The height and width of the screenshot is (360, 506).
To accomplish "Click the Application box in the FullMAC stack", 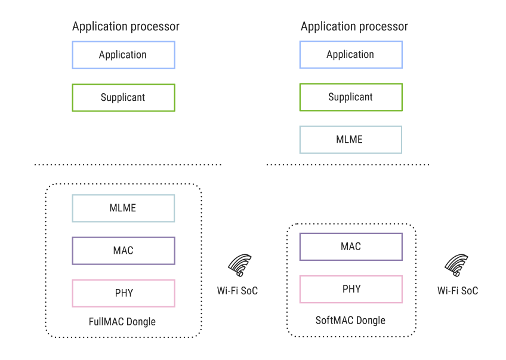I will [123, 55].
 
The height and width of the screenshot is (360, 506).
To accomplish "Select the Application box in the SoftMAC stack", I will [350, 54].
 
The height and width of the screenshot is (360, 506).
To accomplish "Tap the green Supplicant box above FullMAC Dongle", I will [123, 97].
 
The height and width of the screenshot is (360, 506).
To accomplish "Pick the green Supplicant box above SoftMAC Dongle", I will [350, 97].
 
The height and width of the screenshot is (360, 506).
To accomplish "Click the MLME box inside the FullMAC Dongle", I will [123, 208].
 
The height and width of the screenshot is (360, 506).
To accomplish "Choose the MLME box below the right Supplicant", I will [350, 140].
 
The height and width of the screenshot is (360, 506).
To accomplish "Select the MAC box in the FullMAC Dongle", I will [123, 251].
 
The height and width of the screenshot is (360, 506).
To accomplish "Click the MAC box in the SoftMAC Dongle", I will [350, 247].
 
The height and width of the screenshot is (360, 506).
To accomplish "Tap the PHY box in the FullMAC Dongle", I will [123, 293].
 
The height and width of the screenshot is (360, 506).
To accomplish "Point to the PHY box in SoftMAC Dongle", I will [350, 289].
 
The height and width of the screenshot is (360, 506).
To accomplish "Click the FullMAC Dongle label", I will [122, 322].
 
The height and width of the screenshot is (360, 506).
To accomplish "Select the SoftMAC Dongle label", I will [350, 321].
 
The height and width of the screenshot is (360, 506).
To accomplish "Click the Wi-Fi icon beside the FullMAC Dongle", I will [240, 266].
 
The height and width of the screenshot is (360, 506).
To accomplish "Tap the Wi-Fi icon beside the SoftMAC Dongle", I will [457, 266].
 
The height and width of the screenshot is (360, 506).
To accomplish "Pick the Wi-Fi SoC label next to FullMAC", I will [237, 291].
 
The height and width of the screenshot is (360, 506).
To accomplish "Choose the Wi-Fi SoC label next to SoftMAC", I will [458, 291].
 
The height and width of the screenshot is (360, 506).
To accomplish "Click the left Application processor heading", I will [125, 26].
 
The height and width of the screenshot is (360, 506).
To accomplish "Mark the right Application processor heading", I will [354, 26].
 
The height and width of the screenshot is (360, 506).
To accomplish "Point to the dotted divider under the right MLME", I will [347, 165].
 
